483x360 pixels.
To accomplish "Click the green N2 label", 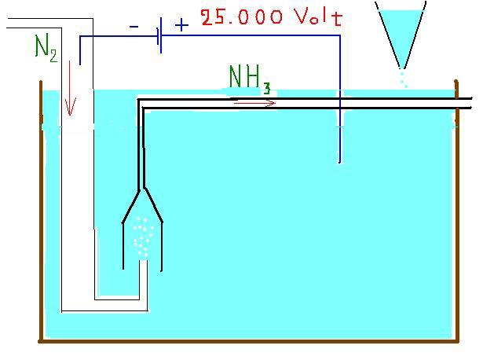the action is coord(46,49).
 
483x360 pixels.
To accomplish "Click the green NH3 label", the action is coord(250,79).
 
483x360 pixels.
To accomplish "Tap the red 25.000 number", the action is coord(241,17).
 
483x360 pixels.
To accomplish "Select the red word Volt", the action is coord(319,17).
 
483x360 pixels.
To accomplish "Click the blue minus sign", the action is coord(134,28).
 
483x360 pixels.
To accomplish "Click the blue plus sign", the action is coord(181,24).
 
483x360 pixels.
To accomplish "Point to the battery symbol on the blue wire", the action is coord(159,35).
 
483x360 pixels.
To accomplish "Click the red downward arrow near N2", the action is coord(70,88).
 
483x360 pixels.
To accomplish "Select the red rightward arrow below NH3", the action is coord(254,103).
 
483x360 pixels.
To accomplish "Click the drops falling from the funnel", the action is coord(404,79).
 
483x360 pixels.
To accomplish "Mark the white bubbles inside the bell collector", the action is coord(142,237).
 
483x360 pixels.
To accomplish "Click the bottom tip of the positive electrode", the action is coord(340,162).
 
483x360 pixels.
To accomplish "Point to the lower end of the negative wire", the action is coord(80,64).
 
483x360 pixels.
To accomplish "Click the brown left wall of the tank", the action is coord(42,211).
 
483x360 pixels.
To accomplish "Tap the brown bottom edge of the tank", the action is coord(249,341).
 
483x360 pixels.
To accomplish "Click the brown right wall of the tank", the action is coord(457,211).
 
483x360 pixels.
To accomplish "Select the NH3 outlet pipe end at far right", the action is coord(470,103).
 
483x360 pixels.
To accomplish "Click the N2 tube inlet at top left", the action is coord(7,23).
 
